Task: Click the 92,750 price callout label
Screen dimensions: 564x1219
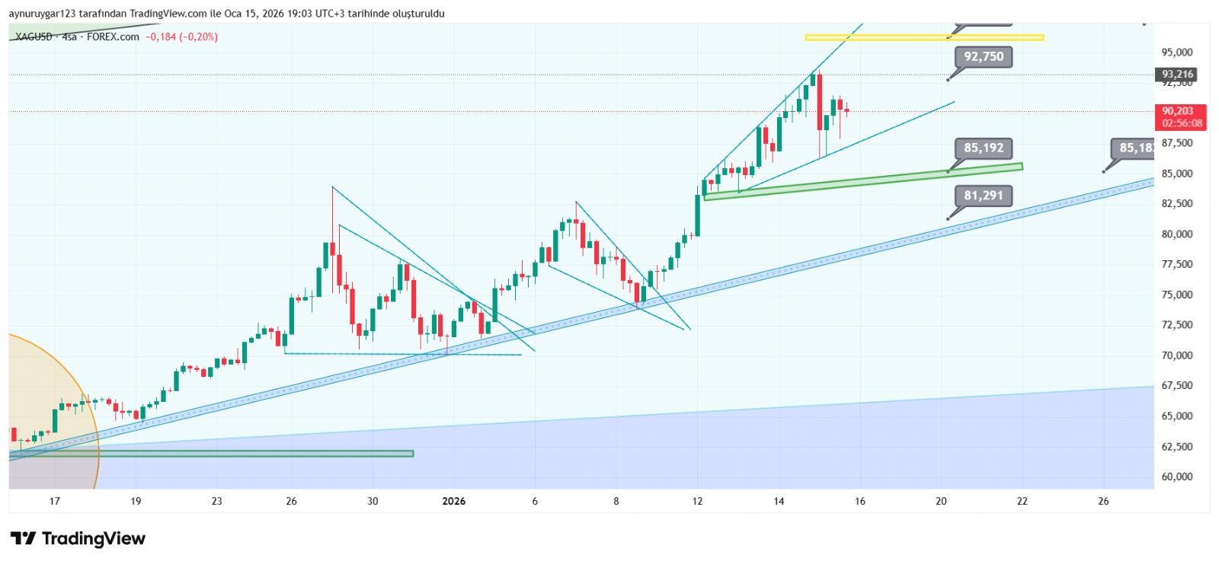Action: (984, 57)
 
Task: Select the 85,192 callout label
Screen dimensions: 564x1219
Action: (984, 148)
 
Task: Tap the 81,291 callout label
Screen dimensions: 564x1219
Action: (984, 196)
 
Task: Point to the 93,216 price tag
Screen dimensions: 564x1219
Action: (1178, 75)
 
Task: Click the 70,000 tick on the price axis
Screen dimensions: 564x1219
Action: (1176, 355)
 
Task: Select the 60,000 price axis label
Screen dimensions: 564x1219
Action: (1176, 477)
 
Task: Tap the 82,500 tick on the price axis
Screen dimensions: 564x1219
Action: (1176, 204)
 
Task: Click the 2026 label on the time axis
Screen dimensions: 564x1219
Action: (453, 501)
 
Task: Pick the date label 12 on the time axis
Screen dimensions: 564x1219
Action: (697, 501)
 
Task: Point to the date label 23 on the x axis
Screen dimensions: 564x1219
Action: (217, 501)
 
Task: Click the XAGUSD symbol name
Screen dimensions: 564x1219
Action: (34, 37)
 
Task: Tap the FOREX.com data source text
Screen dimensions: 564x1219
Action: (113, 37)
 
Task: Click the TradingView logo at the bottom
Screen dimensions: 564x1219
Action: (78, 539)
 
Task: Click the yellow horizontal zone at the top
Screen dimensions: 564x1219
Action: (923, 37)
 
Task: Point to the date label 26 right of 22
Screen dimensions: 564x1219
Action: (1103, 501)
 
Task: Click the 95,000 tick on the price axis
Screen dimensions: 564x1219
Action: (1176, 53)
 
